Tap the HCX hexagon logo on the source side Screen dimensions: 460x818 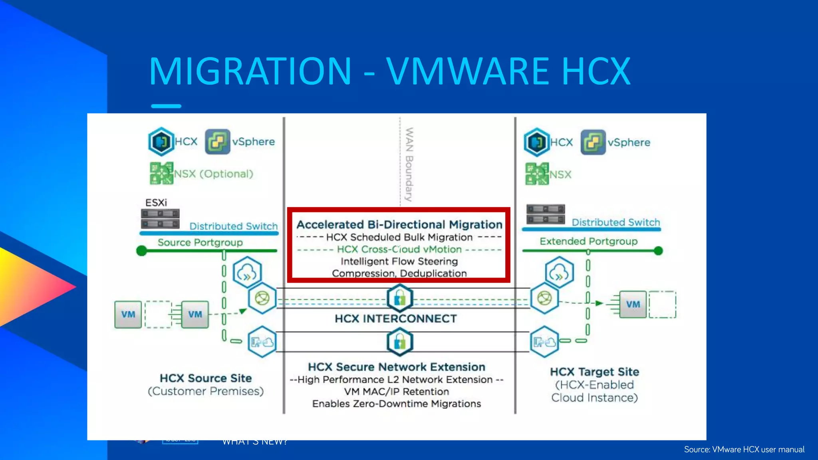point(161,141)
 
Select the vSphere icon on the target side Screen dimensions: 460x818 point(593,142)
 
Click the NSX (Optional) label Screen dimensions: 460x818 point(214,174)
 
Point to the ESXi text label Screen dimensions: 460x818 point(156,203)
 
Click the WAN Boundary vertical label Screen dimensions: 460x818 point(409,164)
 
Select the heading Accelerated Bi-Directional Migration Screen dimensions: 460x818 point(399,224)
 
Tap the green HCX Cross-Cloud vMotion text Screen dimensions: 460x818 point(399,249)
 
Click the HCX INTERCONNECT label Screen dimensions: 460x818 point(395,319)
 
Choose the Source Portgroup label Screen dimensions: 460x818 point(200,242)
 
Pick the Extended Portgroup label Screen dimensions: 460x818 point(588,241)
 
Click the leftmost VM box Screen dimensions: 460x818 point(128,315)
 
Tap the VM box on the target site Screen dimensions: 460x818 point(633,304)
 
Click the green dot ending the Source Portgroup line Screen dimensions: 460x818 point(141,251)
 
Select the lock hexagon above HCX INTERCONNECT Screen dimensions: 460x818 point(399,298)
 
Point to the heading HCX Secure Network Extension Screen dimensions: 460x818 point(396,367)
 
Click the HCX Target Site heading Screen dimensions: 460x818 point(594,372)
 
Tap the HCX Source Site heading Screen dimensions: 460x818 point(206,378)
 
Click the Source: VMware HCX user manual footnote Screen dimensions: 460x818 point(744,450)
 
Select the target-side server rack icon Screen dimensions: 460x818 point(545,214)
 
